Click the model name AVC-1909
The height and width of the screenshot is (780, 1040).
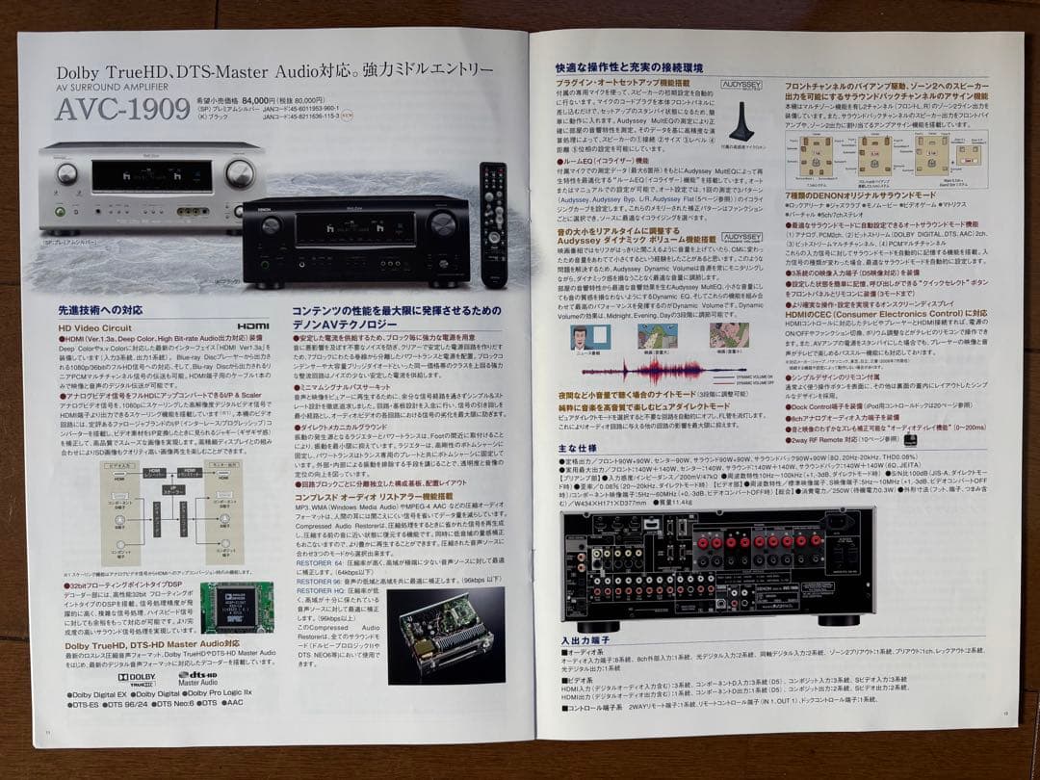(x=121, y=109)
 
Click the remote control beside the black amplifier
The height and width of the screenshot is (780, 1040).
(x=493, y=223)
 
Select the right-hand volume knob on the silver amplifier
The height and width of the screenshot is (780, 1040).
(x=239, y=173)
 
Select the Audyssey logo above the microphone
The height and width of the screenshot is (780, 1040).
(x=715, y=84)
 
